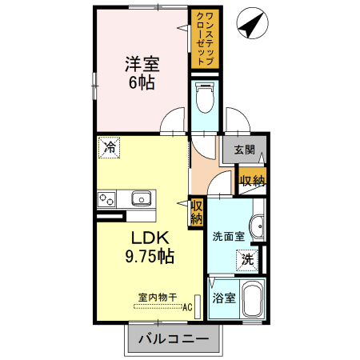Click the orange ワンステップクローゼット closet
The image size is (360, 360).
click(x=204, y=38)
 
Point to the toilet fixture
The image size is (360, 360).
click(x=205, y=101)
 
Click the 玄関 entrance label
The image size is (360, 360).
click(x=245, y=149)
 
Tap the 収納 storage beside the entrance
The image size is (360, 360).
click(x=252, y=181)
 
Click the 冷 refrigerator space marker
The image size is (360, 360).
click(x=110, y=147)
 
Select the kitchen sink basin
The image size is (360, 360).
click(x=142, y=198)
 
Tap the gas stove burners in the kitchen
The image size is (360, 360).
click(x=107, y=198)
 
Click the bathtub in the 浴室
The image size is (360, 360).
click(x=254, y=302)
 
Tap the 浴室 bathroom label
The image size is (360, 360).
click(x=223, y=298)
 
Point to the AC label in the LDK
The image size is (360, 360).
click(x=188, y=306)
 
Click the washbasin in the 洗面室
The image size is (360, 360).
click(x=258, y=227)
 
